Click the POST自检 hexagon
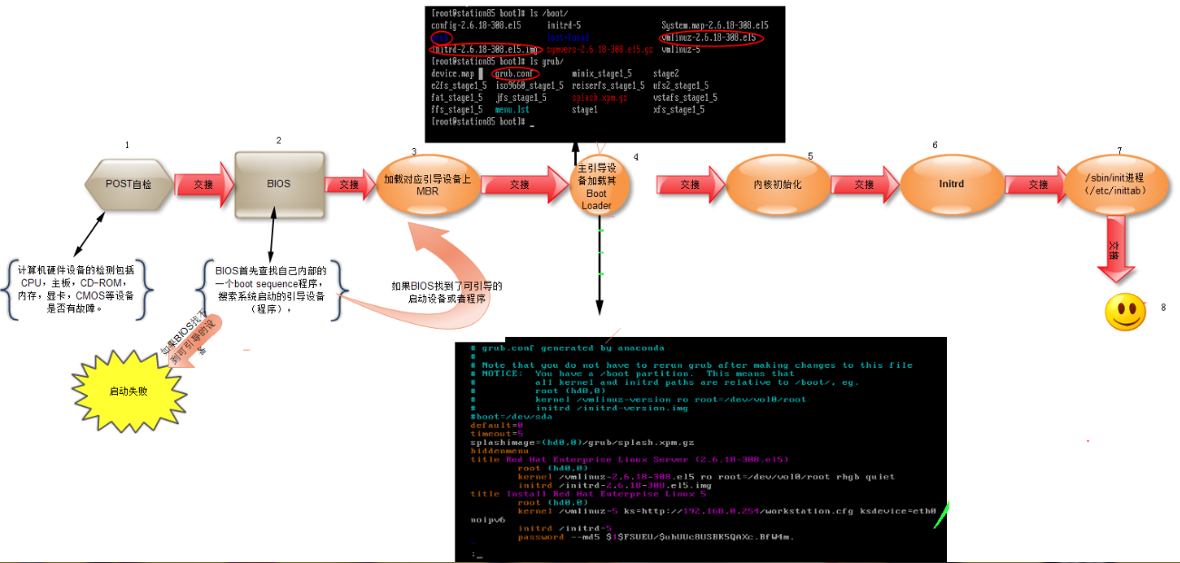[x=128, y=183]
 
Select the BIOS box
[x=278, y=183]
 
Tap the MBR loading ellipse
[x=427, y=184]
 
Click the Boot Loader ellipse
[x=597, y=186]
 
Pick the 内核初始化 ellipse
[x=777, y=184]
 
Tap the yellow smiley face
[x=1125, y=311]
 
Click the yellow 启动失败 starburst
[x=127, y=391]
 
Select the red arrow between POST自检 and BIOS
[x=203, y=183]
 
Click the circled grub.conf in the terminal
[x=514, y=73]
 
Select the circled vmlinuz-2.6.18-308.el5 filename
[x=710, y=38]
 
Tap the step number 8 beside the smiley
[x=1163, y=307]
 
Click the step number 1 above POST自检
[x=127, y=145]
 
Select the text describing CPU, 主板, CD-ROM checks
[x=76, y=289]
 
